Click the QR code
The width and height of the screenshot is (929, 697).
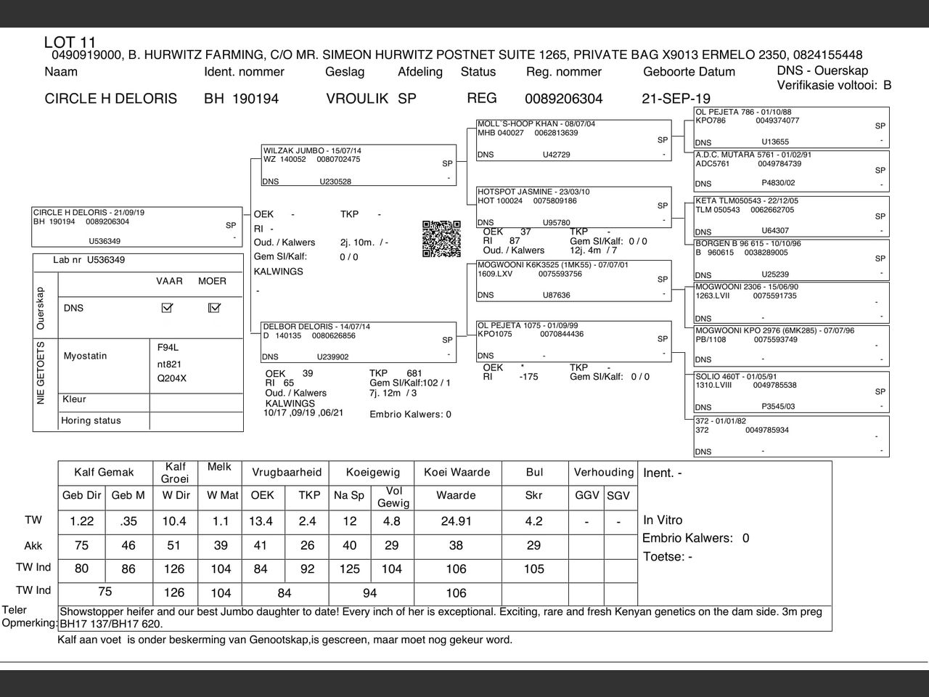[x=441, y=239]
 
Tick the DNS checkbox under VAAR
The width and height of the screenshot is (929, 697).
[x=168, y=308]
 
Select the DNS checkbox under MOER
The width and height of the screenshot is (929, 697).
[x=214, y=308]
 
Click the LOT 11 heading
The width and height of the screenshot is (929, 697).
[x=70, y=42]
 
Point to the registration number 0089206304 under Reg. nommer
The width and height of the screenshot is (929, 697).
[x=563, y=99]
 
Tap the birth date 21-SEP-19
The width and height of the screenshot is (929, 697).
[x=676, y=99]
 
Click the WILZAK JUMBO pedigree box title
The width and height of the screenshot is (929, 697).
[x=312, y=150]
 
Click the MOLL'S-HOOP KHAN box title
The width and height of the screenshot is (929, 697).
[x=536, y=124]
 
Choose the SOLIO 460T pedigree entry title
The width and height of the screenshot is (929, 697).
[x=727, y=377]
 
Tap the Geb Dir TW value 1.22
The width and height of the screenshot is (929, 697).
[x=82, y=521]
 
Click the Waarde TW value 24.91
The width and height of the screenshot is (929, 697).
[x=456, y=521]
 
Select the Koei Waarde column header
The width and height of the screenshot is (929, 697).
[x=457, y=472]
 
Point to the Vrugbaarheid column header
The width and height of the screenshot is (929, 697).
[x=287, y=472]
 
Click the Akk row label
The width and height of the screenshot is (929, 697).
[x=33, y=546]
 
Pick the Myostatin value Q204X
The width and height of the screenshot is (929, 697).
[x=172, y=378]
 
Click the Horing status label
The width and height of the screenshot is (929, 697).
[x=91, y=420]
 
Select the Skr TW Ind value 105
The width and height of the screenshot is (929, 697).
[x=533, y=569]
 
